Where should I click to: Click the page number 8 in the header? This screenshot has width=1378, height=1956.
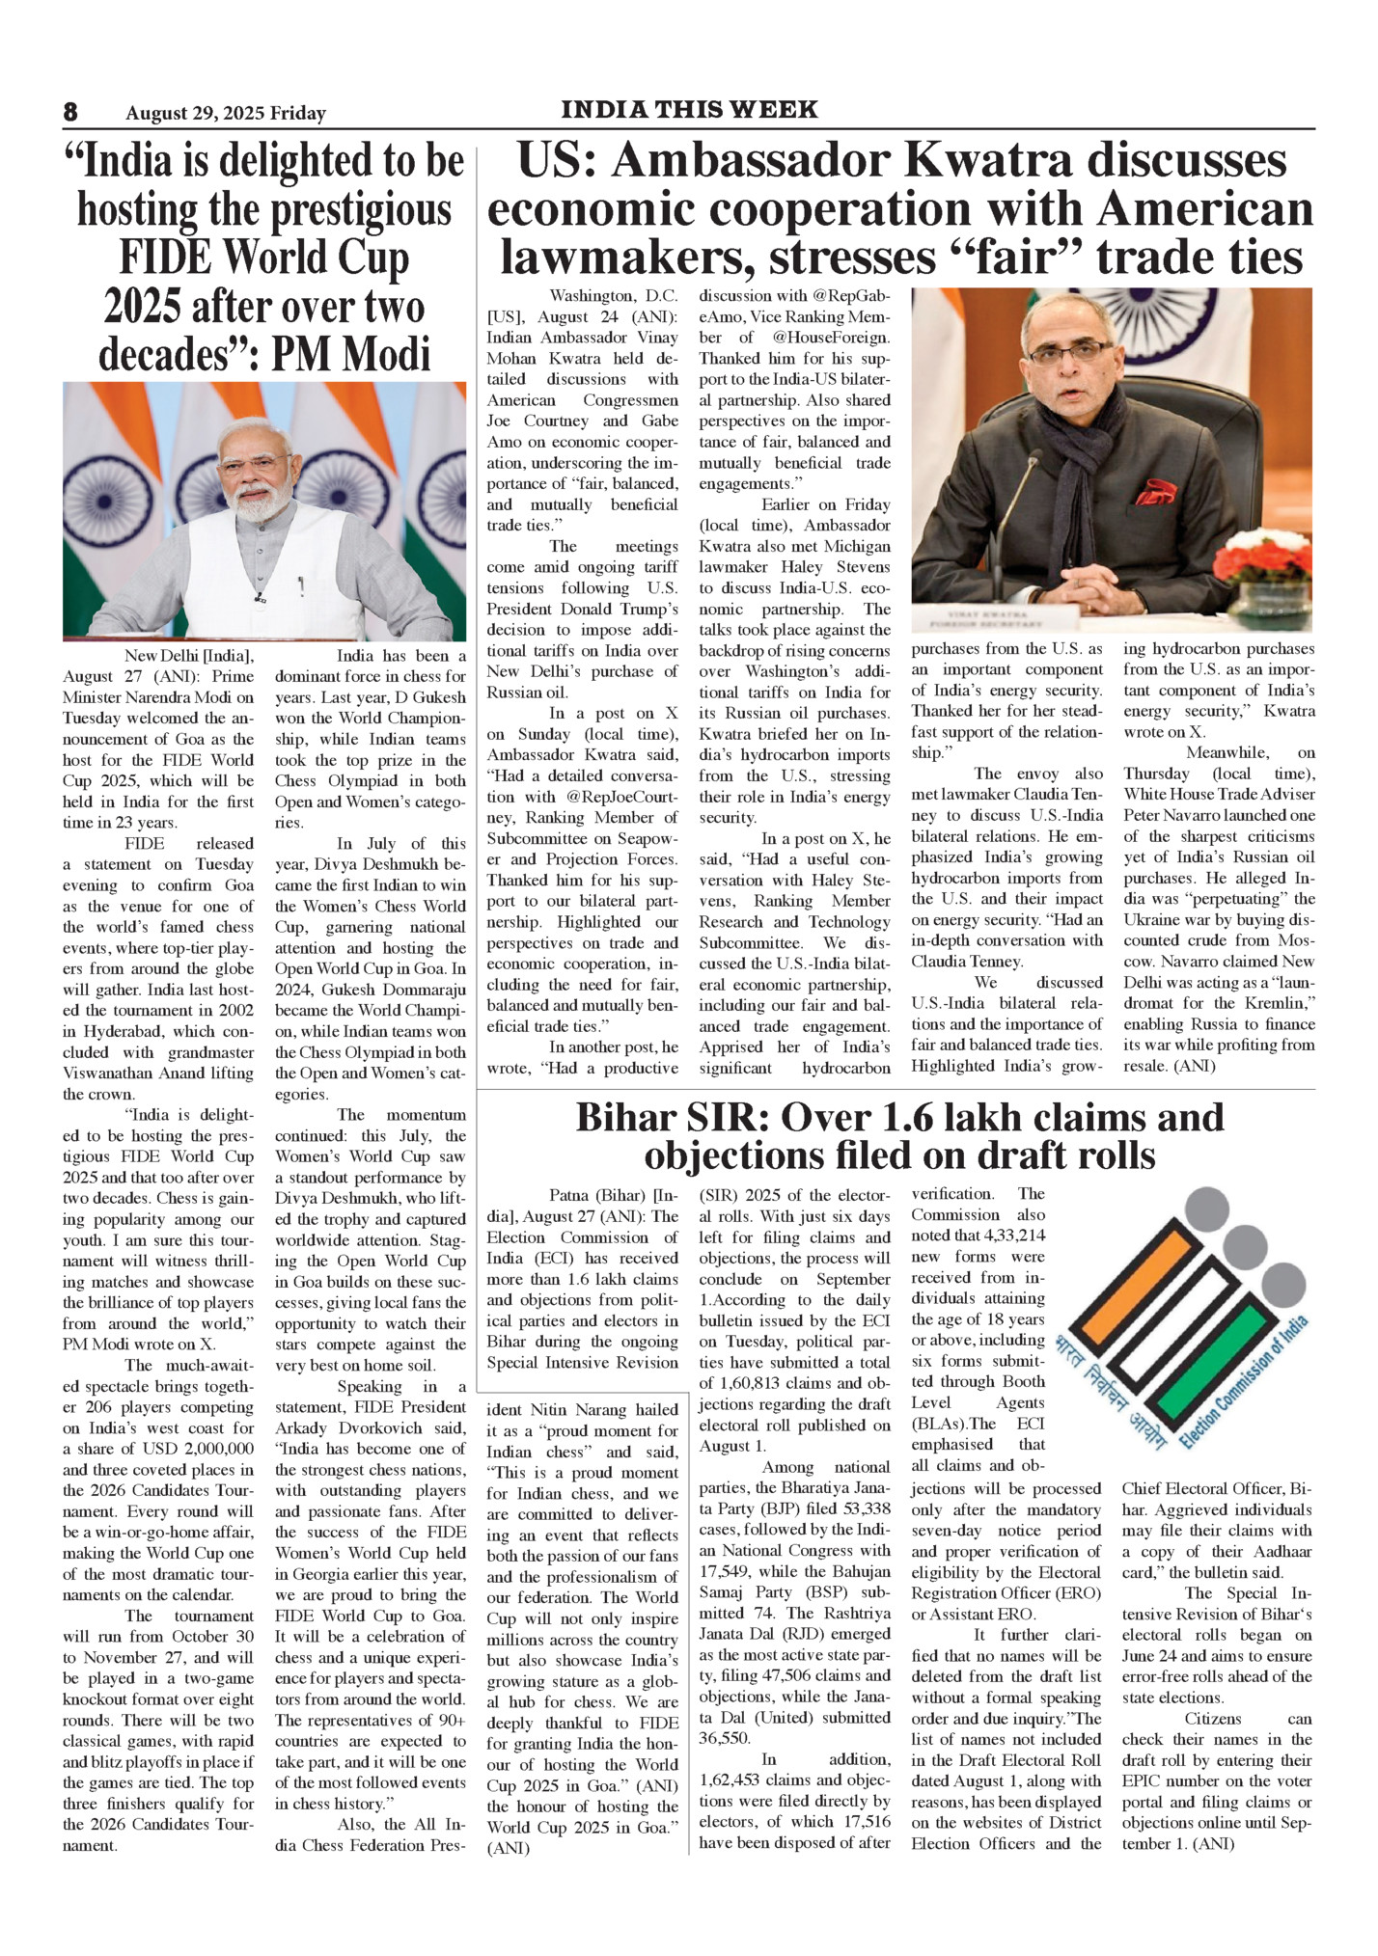pyautogui.click(x=70, y=112)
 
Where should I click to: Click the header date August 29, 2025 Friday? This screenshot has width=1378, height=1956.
pyautogui.click(x=226, y=114)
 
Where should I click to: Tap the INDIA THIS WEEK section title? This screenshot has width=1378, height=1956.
pyautogui.click(x=689, y=109)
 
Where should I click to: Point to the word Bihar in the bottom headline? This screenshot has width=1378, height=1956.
pyautogui.click(x=624, y=1118)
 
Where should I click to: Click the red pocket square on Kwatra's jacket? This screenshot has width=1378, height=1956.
pyautogui.click(x=1155, y=495)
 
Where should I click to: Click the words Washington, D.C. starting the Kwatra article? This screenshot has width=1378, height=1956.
pyautogui.click(x=613, y=296)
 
